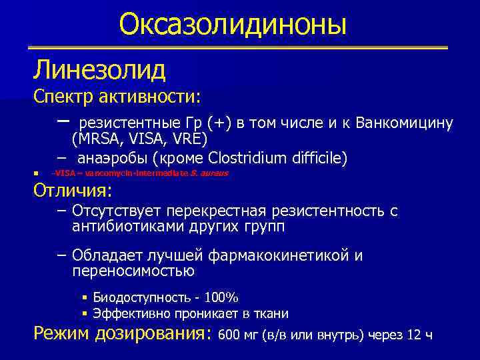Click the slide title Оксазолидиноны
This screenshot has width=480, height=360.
[233, 25]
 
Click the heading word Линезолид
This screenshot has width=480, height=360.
[100, 68]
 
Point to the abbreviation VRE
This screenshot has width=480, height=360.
[189, 139]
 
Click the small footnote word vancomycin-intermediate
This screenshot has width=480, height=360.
[141, 173]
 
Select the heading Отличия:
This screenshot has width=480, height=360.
[73, 191]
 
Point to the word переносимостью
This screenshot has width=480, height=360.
[133, 271]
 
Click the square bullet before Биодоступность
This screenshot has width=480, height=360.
[85, 297]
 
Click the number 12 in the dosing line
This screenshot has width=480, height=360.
[413, 335]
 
